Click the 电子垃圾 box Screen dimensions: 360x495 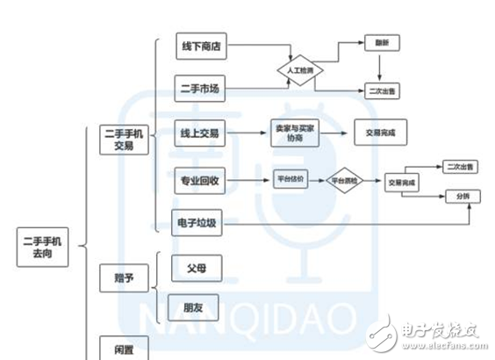coord(199,223)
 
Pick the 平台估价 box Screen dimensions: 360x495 coord(290,178)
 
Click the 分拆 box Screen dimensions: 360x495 coord(463,195)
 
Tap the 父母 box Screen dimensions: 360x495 coord(195,268)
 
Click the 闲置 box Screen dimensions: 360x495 coord(124,347)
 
